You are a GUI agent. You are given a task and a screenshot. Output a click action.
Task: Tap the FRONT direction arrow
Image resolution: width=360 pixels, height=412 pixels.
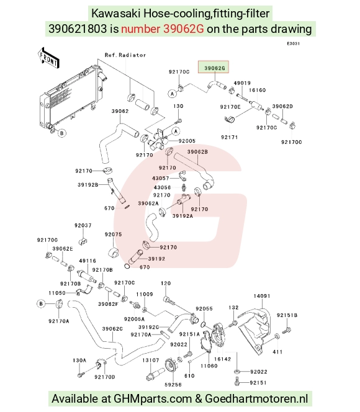[48, 59]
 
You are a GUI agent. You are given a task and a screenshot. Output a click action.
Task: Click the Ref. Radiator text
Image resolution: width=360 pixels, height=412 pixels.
[125, 55]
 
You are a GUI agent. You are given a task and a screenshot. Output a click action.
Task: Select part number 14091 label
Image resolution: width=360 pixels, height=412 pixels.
[262, 296]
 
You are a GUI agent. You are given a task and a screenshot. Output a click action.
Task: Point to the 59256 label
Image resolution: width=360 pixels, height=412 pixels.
[173, 385]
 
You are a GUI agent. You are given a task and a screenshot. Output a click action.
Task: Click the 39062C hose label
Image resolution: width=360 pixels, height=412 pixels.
[112, 329]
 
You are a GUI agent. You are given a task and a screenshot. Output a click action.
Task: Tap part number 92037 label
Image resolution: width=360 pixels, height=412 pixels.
[83, 225]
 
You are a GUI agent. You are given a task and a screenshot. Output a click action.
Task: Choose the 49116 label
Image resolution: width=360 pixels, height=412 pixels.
[88, 261]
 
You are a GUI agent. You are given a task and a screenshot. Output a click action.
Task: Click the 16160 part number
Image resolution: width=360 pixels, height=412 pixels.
[257, 90]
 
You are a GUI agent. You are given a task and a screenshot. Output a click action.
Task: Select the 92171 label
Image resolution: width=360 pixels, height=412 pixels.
[230, 137]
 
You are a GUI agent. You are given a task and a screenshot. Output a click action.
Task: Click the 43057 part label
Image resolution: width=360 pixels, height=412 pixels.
[161, 178]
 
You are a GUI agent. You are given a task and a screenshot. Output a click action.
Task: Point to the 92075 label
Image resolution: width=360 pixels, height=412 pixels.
[113, 235]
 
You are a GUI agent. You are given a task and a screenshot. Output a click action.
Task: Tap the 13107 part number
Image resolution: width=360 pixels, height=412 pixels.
[151, 361]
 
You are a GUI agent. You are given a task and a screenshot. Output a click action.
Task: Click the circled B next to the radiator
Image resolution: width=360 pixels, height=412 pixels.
[61, 133]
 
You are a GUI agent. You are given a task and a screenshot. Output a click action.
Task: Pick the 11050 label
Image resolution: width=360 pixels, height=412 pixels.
[57, 293]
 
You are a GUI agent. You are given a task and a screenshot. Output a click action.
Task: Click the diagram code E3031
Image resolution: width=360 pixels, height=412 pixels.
[293, 43]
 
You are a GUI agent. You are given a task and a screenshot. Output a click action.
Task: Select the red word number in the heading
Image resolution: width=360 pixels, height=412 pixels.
[140, 29]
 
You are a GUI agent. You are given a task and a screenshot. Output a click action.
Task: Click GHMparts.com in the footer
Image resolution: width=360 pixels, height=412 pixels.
[153, 398]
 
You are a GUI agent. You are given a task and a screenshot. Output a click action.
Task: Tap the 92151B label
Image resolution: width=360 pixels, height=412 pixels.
[287, 315]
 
